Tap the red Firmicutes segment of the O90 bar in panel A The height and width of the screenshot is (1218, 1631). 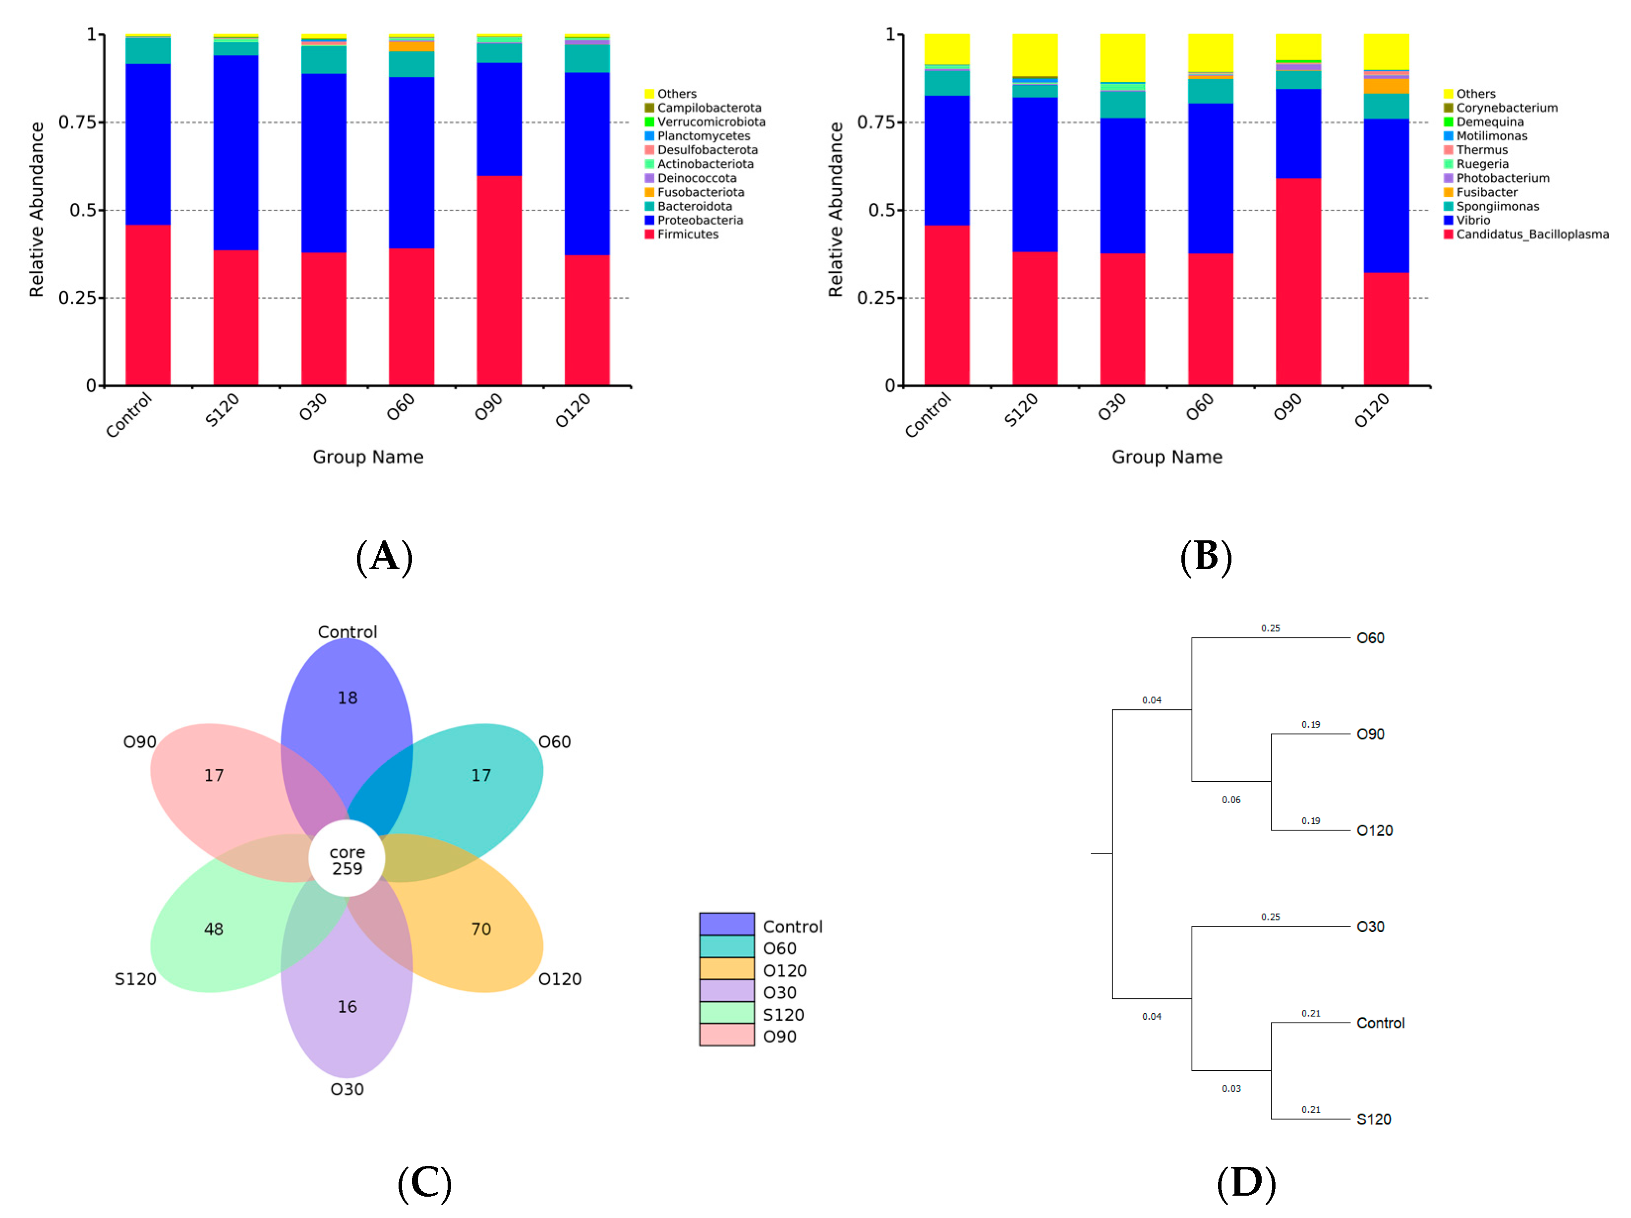pos(499,280)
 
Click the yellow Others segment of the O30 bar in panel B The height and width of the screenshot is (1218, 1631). pos(1122,58)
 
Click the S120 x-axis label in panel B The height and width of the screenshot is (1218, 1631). pos(1021,410)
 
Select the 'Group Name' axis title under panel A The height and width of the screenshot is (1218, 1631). pos(368,457)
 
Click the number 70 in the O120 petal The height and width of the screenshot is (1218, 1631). pos(481,929)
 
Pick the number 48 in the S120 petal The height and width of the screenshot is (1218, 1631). pos(214,929)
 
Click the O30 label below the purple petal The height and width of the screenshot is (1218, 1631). pos(347,1089)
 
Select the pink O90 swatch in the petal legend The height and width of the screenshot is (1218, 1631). pos(726,1035)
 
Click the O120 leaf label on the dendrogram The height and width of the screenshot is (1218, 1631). pos(1374,830)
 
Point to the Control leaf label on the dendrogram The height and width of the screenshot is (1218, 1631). pos(1380,1023)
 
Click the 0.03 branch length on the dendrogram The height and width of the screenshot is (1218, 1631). pos(1230,1088)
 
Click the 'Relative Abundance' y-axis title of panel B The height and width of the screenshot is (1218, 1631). pos(835,210)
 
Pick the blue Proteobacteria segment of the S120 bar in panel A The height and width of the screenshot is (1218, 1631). pos(236,153)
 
